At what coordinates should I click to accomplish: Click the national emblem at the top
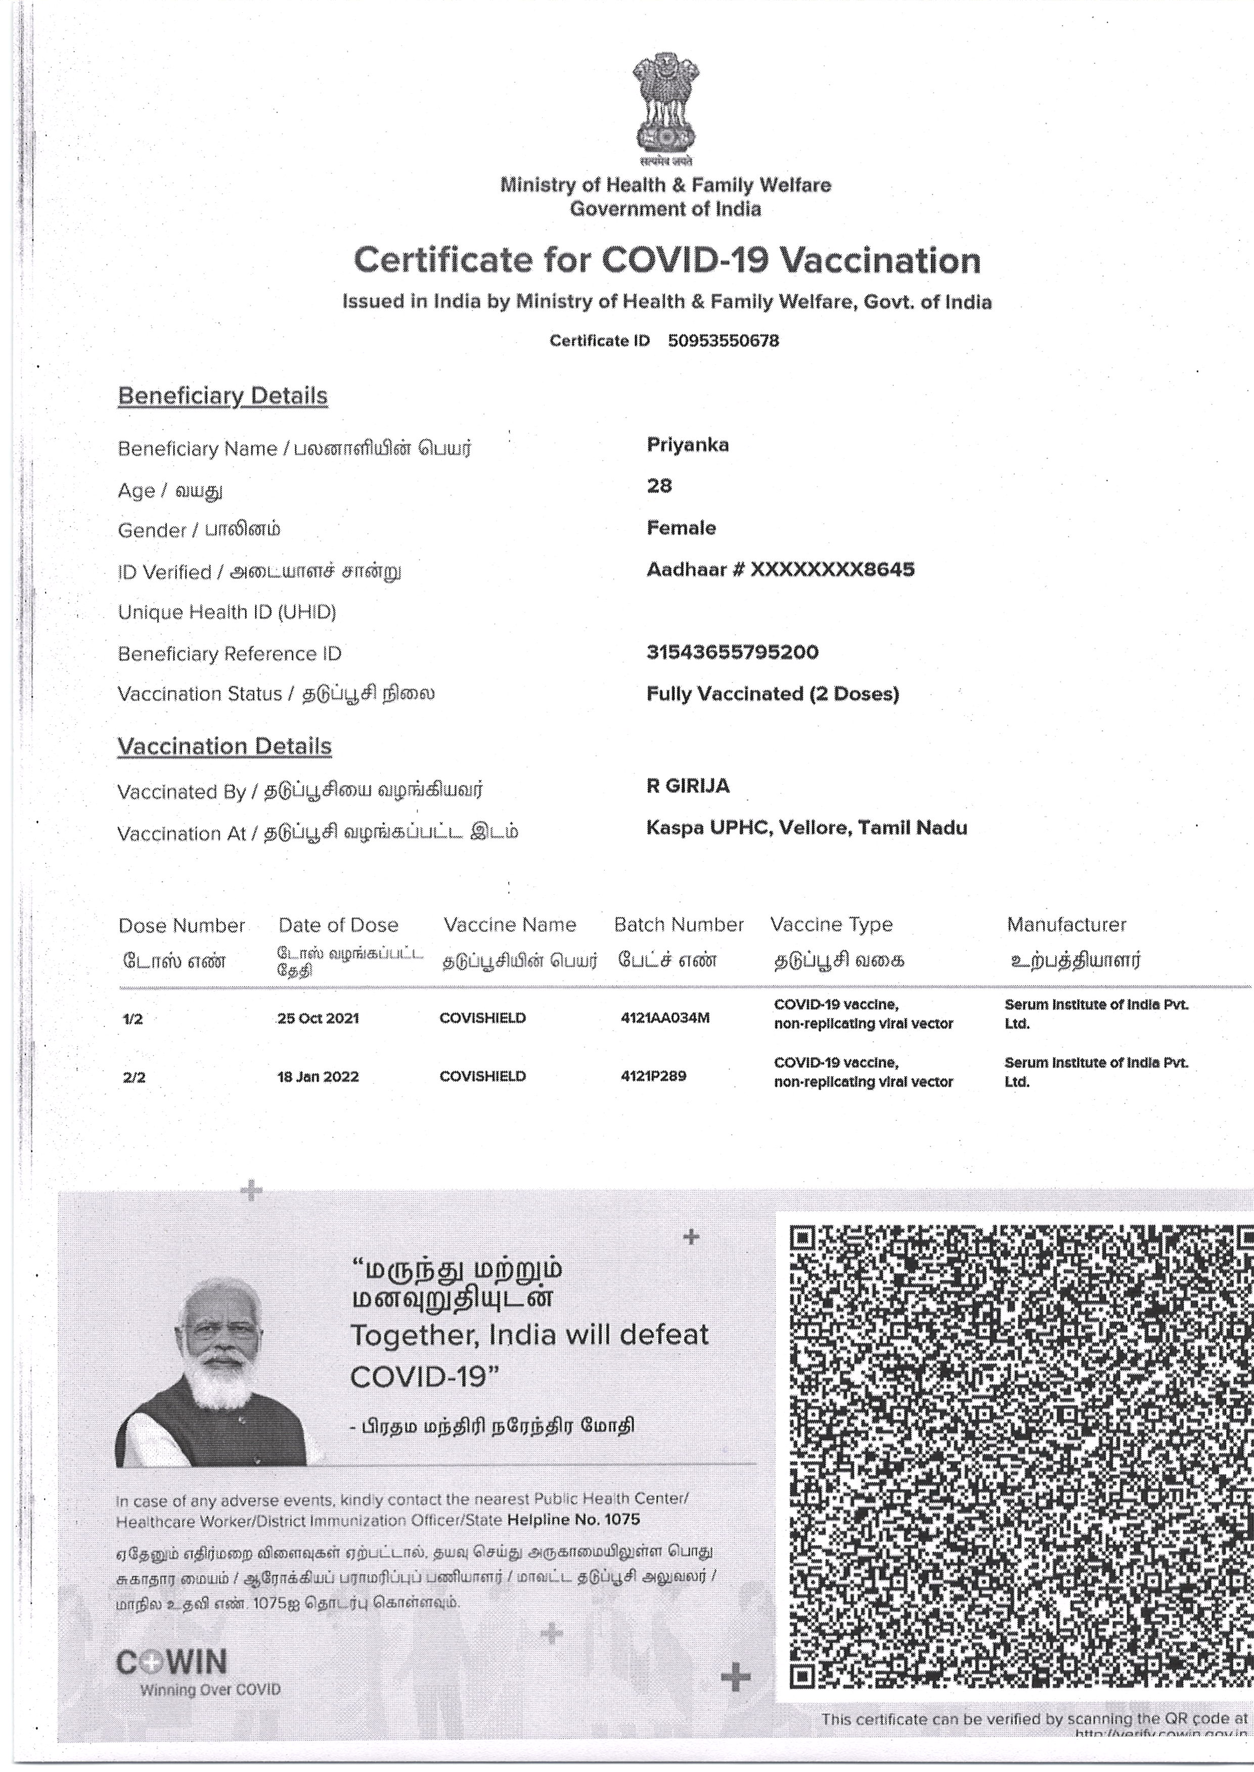(665, 104)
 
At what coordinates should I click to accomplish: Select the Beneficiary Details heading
(222, 396)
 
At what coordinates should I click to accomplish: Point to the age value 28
(659, 485)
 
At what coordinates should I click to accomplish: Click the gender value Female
(681, 528)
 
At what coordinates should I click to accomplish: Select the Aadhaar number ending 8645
(780, 570)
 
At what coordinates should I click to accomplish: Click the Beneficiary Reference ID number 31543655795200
(732, 652)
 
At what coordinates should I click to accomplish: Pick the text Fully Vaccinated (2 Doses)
(772, 694)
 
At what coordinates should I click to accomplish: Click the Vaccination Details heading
(224, 746)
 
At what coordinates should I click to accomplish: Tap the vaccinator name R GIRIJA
(687, 786)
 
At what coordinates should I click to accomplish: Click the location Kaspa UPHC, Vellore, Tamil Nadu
(806, 828)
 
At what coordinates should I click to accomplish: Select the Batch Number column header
(678, 924)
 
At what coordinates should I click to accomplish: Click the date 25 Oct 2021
(318, 1018)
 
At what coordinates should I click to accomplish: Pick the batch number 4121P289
(653, 1076)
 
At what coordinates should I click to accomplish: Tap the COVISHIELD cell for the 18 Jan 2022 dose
(482, 1076)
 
